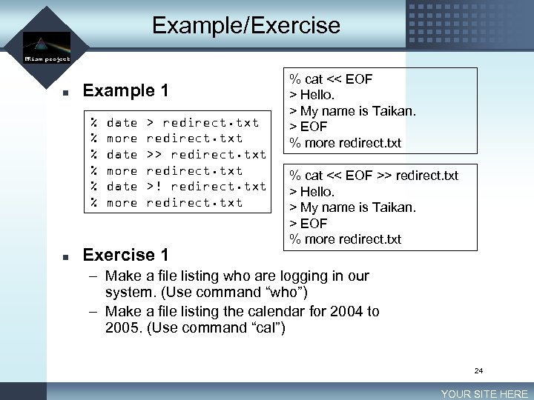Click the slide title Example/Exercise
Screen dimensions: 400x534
(x=245, y=26)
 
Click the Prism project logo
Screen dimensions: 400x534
(x=47, y=49)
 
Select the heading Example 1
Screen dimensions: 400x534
(x=126, y=91)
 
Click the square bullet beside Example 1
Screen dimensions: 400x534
(x=65, y=93)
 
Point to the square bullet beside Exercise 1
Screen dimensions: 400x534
(x=65, y=257)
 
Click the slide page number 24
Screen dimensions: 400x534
(x=478, y=370)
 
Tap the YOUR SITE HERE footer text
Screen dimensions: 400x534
(x=484, y=394)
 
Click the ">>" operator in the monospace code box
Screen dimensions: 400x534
(x=154, y=154)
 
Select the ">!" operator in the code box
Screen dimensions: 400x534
(x=154, y=186)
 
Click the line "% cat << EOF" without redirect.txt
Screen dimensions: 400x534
(x=331, y=79)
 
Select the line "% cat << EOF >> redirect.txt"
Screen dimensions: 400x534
(x=374, y=176)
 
